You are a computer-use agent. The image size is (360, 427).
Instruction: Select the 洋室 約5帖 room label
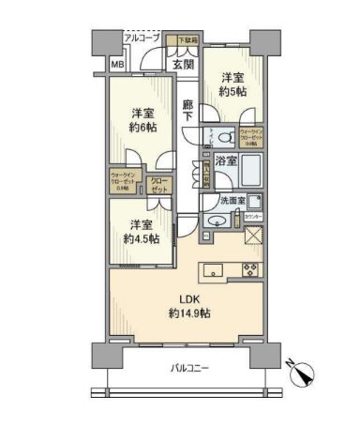point(232,84)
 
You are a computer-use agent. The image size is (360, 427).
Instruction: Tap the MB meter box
point(116,64)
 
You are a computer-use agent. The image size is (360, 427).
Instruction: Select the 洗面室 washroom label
point(233,201)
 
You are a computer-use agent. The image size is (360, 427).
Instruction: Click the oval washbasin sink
point(216,221)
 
